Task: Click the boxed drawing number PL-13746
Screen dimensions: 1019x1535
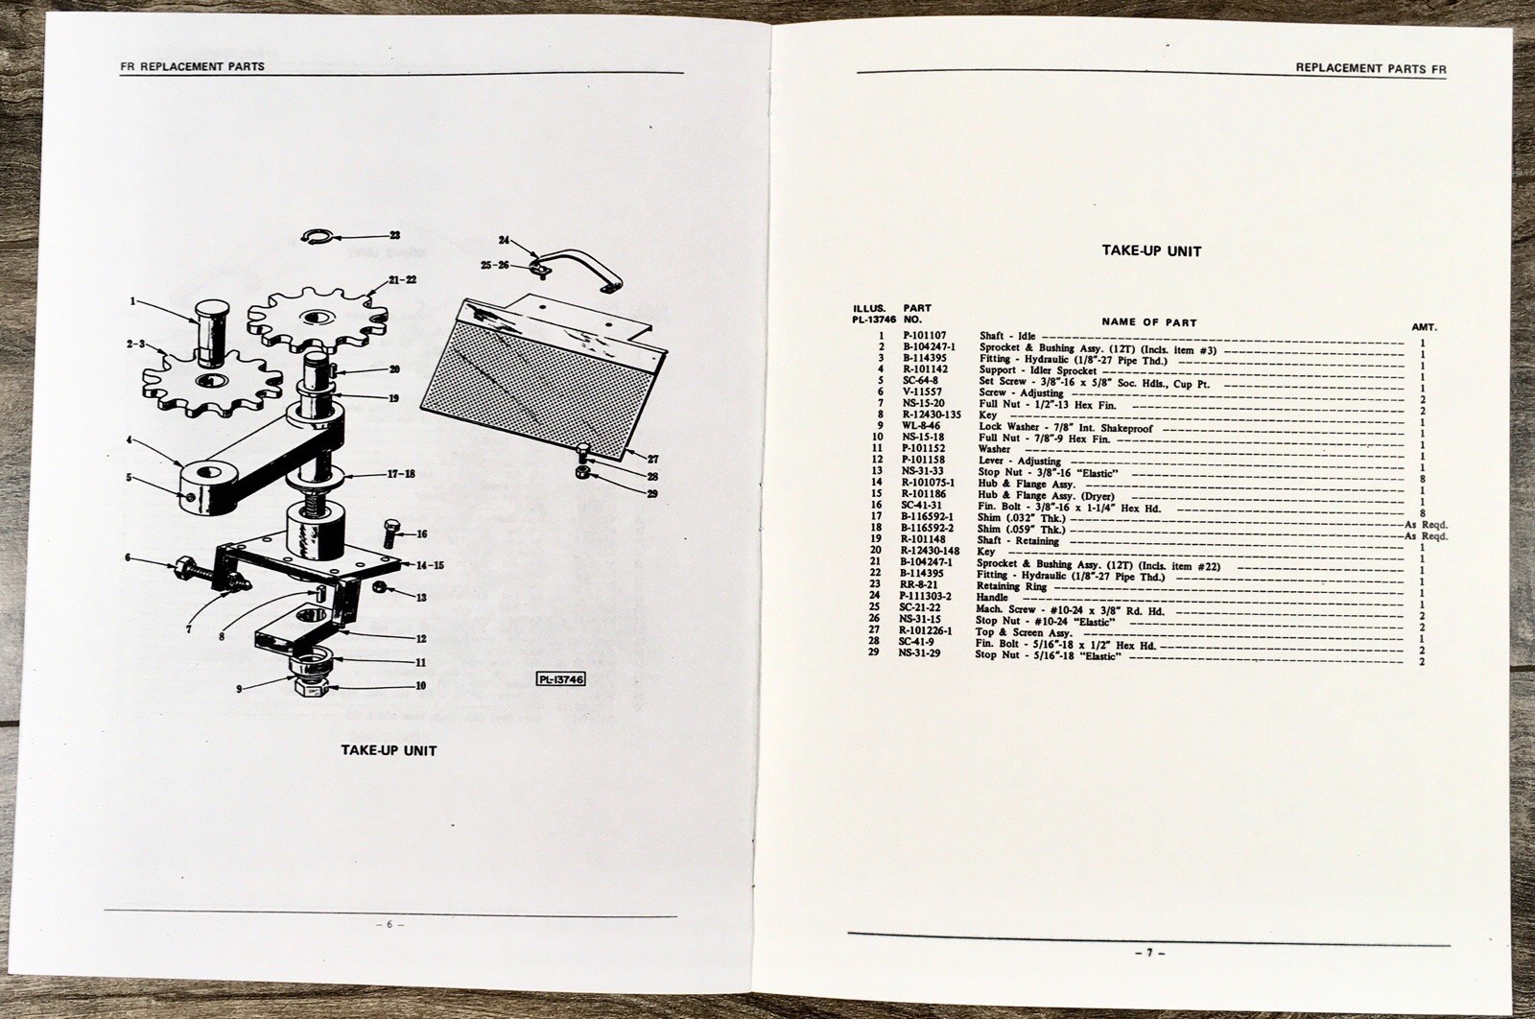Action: click(561, 679)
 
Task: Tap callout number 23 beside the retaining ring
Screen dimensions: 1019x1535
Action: click(394, 235)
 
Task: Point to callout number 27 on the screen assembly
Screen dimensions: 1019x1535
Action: click(651, 459)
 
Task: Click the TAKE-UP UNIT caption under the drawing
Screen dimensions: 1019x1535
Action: click(389, 749)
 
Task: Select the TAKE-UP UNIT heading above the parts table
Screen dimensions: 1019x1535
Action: click(1150, 251)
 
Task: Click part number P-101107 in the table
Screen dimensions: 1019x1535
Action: click(923, 336)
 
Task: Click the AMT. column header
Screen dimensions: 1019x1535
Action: click(1424, 327)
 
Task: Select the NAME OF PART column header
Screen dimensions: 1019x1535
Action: click(1149, 322)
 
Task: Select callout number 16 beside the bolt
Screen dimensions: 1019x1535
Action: click(421, 534)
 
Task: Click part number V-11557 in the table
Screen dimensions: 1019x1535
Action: click(920, 392)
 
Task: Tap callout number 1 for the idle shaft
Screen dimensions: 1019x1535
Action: click(134, 300)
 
